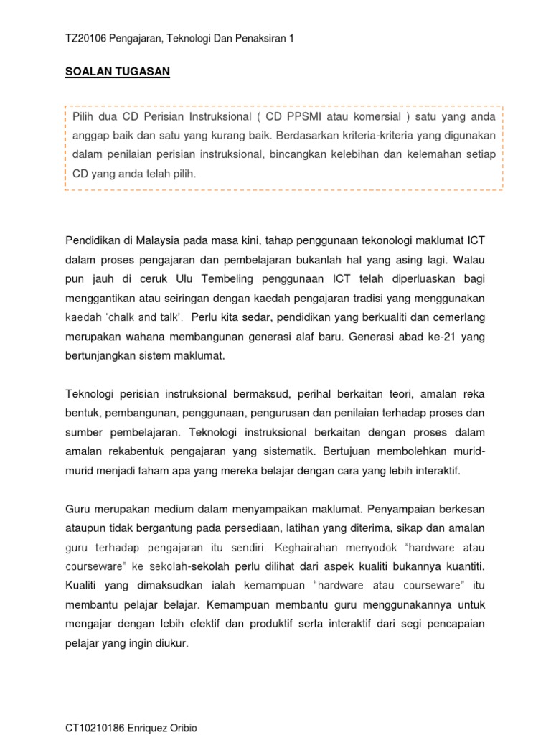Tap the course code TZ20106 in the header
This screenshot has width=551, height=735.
coord(86,40)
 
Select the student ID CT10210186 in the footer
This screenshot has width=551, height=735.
coord(98,728)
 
